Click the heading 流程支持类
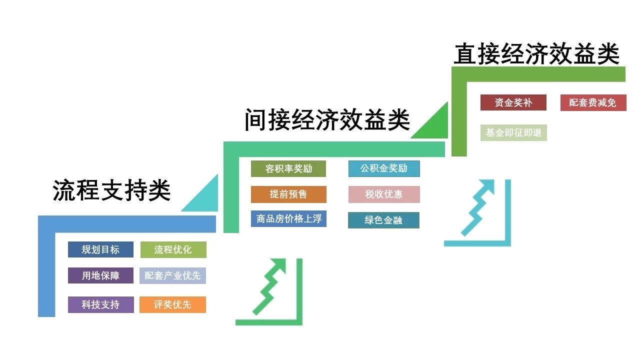[111, 190]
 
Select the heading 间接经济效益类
[327, 120]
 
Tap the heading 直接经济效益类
[536, 54]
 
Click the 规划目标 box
[100, 249]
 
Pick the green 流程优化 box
[173, 249]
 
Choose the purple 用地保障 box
[100, 275]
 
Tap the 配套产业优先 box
[172, 275]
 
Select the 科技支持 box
[100, 304]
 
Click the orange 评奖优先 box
[172, 304]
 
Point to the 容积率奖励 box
[288, 168]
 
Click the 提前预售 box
[288, 194]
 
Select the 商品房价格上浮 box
[288, 218]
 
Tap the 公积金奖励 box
[384, 168]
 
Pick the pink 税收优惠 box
[384, 194]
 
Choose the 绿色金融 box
[383, 220]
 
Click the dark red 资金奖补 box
[513, 102]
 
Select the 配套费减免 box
[593, 102]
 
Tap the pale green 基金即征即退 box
[513, 132]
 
